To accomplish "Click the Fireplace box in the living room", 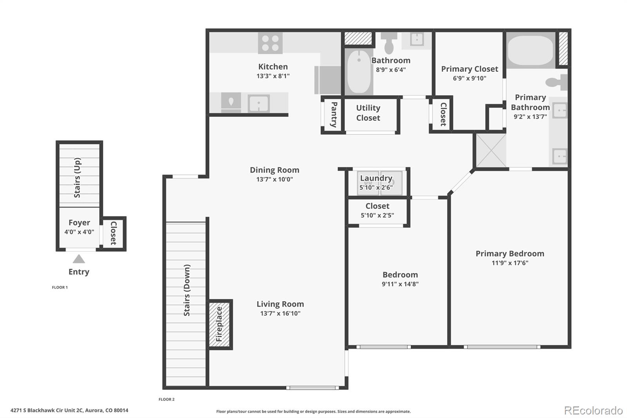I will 219,324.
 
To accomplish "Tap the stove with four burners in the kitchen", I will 270,43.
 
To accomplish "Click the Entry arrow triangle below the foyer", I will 79,259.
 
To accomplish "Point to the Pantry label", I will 334,114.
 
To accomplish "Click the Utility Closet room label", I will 368,113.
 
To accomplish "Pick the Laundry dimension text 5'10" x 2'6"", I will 376,187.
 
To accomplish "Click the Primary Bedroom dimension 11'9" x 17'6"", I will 510,263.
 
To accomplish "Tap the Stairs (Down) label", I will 187,290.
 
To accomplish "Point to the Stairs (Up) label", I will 77,178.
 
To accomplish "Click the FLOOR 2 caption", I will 167,399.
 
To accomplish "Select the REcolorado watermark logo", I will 593,410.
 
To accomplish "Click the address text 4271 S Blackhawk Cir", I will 69,411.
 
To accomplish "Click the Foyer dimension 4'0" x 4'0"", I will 79,232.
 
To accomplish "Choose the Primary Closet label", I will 469,69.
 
